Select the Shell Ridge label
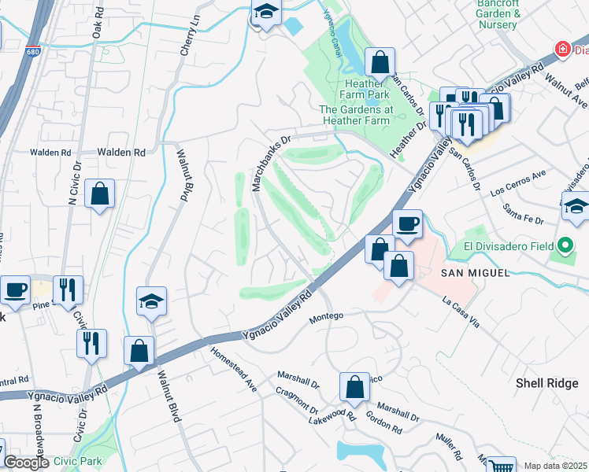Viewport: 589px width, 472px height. [546, 383]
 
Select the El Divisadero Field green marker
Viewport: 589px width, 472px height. [565, 247]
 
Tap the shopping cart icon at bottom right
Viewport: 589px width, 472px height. [501, 466]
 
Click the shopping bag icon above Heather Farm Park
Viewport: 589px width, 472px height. [380, 61]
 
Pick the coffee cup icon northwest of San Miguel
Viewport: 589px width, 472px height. [407, 223]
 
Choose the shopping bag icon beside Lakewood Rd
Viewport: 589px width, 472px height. [354, 386]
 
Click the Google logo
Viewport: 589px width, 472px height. [26, 463]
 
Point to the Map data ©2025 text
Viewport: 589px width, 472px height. [555, 466]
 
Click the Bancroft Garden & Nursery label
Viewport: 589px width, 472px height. [498, 14]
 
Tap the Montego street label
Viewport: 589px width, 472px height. [327, 316]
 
